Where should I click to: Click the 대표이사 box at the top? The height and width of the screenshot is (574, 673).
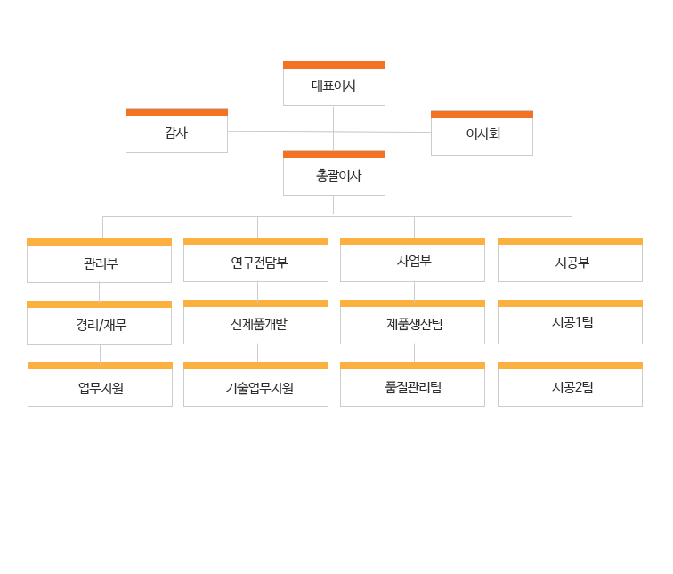(x=334, y=85)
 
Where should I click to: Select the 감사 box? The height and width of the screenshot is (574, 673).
(x=176, y=133)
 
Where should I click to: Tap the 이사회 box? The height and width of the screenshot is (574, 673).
(x=482, y=134)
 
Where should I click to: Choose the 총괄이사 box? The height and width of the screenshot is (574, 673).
(x=334, y=175)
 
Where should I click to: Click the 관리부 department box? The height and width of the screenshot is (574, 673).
(x=99, y=263)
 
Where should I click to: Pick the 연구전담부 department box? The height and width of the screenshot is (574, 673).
(x=255, y=262)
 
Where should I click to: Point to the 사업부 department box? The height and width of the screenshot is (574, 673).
(x=412, y=262)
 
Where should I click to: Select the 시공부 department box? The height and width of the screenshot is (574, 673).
(x=570, y=262)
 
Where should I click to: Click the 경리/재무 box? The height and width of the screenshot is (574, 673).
(x=99, y=325)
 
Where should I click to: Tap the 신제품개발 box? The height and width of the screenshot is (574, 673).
(x=255, y=324)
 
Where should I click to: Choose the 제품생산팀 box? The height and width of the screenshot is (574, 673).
(x=412, y=324)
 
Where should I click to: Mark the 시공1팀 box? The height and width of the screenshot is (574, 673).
(x=570, y=324)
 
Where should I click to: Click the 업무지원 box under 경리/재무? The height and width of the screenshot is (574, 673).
(x=100, y=386)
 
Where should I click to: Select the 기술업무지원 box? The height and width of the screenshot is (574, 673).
(x=255, y=386)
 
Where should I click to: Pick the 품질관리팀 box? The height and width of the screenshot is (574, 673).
(x=412, y=386)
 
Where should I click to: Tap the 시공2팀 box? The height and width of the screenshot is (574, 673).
(x=570, y=386)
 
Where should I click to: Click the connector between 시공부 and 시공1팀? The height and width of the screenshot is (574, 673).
(x=572, y=291)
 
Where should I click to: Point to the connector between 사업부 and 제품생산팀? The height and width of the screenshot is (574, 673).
(x=414, y=291)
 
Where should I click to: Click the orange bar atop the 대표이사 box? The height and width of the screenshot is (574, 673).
(x=334, y=65)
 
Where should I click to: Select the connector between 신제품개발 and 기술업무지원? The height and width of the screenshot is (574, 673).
(x=257, y=353)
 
